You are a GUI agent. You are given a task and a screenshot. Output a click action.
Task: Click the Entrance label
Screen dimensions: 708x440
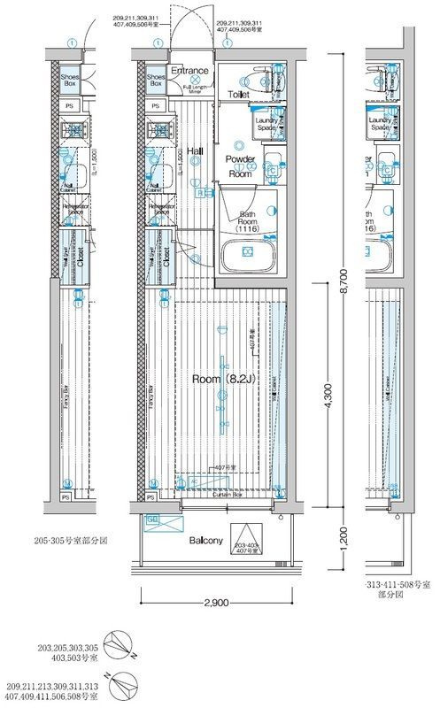click(189, 71)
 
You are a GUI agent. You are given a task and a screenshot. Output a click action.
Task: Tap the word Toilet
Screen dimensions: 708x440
click(238, 93)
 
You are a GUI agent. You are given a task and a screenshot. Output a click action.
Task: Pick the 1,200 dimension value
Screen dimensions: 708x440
click(343, 537)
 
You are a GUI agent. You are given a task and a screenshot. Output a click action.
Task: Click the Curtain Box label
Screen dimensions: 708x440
click(228, 496)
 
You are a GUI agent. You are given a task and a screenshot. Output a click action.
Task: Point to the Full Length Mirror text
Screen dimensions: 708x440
click(196, 88)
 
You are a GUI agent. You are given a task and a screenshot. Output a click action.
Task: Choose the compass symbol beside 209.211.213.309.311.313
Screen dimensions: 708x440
click(119, 688)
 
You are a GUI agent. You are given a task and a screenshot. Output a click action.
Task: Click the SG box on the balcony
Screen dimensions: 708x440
click(152, 519)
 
